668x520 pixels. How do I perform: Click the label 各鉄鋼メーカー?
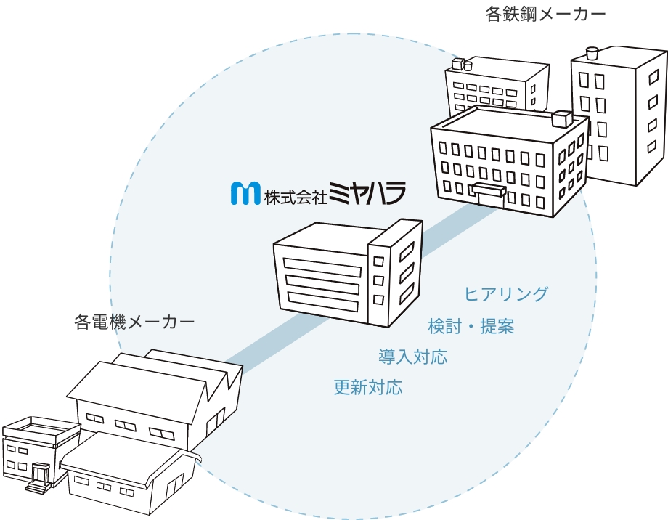pos(545,15)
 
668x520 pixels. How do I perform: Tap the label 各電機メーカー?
pos(134,321)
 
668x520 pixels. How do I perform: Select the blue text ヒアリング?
pos(506,294)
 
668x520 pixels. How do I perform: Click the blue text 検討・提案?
pos(471,327)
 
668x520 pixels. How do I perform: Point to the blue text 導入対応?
pos(412,357)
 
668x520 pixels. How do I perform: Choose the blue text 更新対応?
pos(368,387)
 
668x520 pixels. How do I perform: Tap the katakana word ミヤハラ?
pos(367,192)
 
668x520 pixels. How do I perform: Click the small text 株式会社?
pos(295,196)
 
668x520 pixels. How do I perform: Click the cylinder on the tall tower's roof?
pos(592,52)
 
